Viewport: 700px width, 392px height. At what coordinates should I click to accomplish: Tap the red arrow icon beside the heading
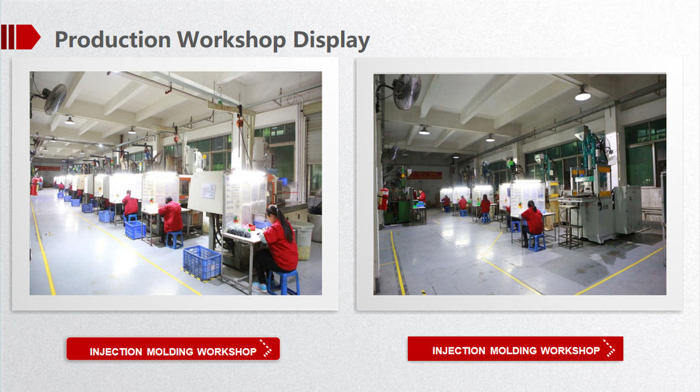click(20, 37)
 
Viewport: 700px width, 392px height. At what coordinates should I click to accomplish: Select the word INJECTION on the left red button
click(116, 351)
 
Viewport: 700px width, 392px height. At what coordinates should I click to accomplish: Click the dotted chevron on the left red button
click(265, 349)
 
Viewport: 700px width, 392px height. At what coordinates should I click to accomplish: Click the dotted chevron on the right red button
click(609, 348)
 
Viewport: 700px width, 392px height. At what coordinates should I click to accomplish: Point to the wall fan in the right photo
click(406, 91)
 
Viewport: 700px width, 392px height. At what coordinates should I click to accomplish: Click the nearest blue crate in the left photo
click(202, 263)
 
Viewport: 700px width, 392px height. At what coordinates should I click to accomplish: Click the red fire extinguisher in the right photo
click(384, 198)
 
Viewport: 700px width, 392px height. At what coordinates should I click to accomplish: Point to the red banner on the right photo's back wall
click(425, 175)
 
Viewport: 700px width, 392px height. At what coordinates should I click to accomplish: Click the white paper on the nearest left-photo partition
click(208, 191)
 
